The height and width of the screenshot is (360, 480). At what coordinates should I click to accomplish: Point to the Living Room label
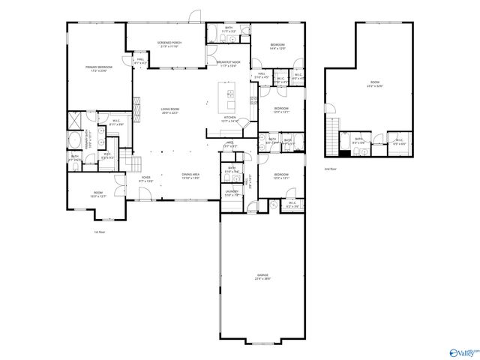[x=170, y=110]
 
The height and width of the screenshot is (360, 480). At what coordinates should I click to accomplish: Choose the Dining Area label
[x=190, y=176]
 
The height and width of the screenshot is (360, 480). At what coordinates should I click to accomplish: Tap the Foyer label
[x=145, y=179]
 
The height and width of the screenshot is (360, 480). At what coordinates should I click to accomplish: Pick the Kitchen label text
[x=230, y=118]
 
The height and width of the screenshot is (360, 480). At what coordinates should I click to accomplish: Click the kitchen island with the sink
[x=229, y=95]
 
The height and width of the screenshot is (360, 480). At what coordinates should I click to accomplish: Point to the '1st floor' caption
[x=97, y=232]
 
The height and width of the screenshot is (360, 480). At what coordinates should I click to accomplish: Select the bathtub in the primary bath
[x=76, y=139]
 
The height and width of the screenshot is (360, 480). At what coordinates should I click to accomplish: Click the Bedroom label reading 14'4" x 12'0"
[x=277, y=47]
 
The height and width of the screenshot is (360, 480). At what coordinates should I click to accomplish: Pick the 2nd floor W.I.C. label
[x=398, y=140]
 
